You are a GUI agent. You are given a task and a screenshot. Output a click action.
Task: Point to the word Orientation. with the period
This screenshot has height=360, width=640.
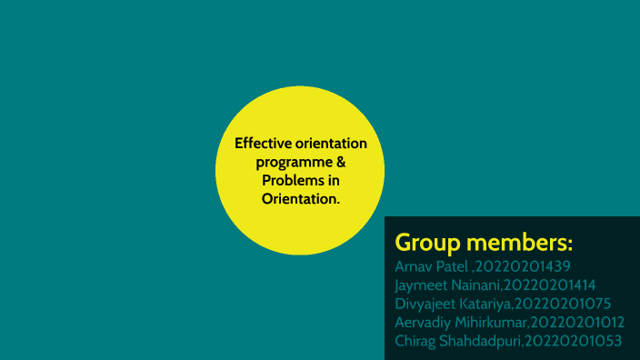point(301,199)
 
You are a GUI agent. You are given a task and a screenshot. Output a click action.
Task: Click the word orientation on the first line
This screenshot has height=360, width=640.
point(331,144)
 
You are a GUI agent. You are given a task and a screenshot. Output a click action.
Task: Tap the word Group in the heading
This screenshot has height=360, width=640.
point(427,244)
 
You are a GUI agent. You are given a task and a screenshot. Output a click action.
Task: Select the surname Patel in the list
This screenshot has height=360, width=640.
point(449,267)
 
